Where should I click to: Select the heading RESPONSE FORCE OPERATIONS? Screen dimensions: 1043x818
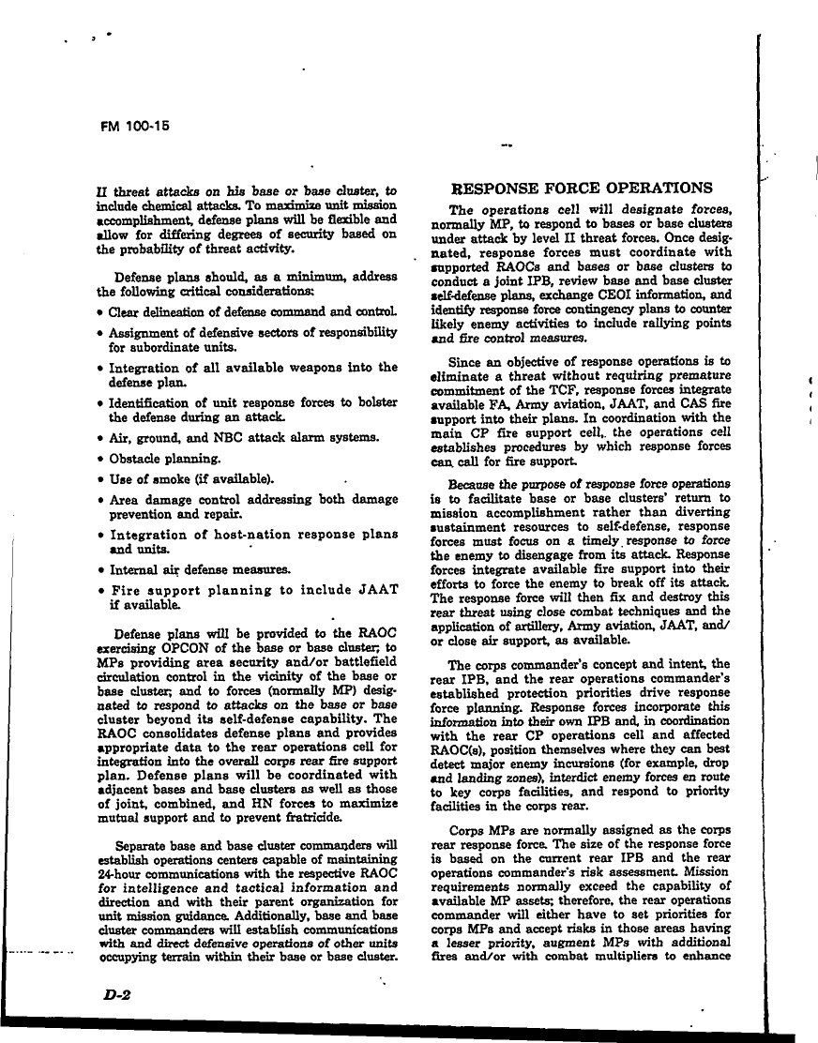(582, 188)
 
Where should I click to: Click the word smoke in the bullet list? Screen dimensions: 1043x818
(169, 479)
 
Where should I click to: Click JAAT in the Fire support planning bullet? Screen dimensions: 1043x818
(376, 590)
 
